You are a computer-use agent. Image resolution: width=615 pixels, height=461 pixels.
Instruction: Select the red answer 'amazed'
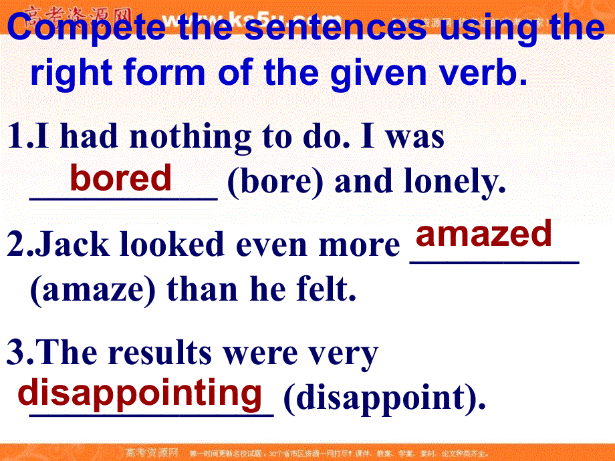tap(484, 233)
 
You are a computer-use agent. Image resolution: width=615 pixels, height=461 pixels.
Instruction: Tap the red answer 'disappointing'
tap(140, 393)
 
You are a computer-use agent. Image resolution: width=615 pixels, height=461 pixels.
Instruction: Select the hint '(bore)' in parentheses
tap(275, 182)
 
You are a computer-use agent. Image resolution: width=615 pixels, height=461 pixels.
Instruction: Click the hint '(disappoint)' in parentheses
tap(384, 398)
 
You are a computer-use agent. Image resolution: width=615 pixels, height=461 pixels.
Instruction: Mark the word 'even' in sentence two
tap(277, 245)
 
